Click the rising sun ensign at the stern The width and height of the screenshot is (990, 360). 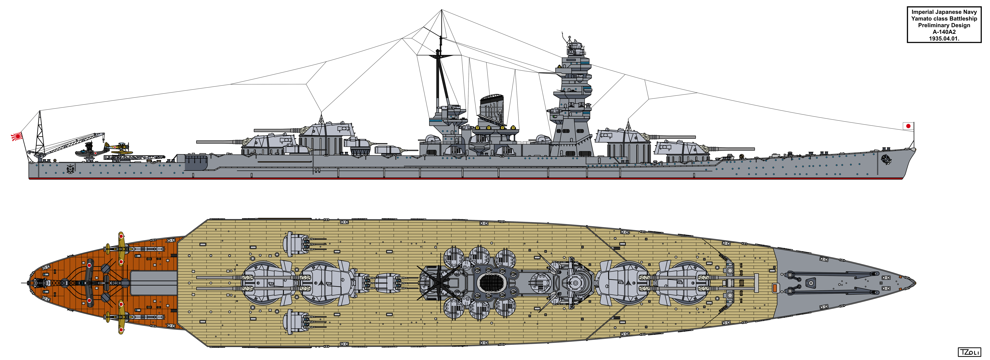point(17,136)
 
